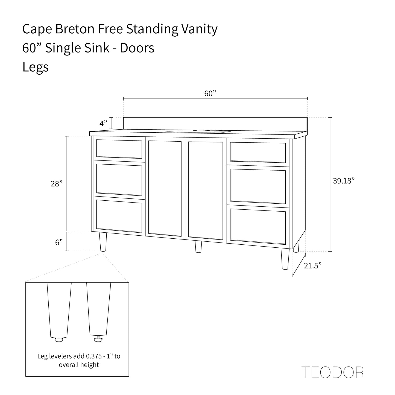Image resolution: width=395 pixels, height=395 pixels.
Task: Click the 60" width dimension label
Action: click(x=210, y=93)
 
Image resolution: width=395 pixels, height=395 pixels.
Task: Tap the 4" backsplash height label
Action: click(x=103, y=123)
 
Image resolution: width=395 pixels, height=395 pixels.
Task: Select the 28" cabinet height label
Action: click(x=57, y=184)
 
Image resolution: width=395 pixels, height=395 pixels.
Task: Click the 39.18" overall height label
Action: click(x=344, y=181)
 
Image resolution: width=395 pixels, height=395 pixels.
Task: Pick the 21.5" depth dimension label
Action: click(x=313, y=265)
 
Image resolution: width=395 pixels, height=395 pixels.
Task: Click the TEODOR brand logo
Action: click(x=332, y=372)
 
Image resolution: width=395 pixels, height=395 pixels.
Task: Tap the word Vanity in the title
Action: click(x=199, y=29)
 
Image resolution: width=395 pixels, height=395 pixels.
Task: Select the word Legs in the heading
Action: click(x=36, y=67)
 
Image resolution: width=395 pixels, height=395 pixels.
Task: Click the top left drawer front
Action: click(x=119, y=149)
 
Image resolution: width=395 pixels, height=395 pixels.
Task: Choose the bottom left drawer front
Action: click(x=119, y=216)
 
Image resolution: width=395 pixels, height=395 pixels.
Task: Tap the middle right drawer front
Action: click(x=258, y=186)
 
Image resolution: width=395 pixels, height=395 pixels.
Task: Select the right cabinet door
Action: click(x=206, y=191)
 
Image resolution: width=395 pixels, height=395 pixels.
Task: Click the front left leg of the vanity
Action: click(x=103, y=242)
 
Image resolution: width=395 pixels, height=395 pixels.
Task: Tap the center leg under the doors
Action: click(x=198, y=247)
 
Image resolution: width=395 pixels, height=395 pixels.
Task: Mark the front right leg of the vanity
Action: click(x=285, y=259)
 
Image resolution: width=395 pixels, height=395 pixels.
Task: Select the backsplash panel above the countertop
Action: click(x=215, y=124)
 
